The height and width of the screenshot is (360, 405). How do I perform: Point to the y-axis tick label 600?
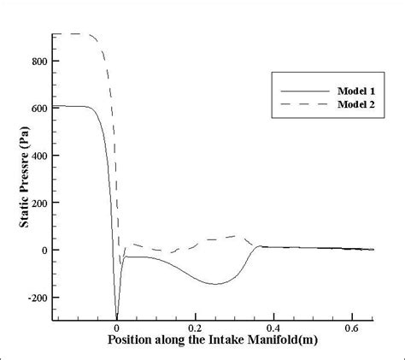pos(39,107)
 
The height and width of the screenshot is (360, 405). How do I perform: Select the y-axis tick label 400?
pos(39,155)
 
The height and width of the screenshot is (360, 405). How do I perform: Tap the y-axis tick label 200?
pos(39,202)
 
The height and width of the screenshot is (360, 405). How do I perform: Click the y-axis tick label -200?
pos(37,298)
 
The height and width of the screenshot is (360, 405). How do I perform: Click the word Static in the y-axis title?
pos(26,229)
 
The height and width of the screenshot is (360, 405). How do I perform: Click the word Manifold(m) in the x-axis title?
pos(290,340)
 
